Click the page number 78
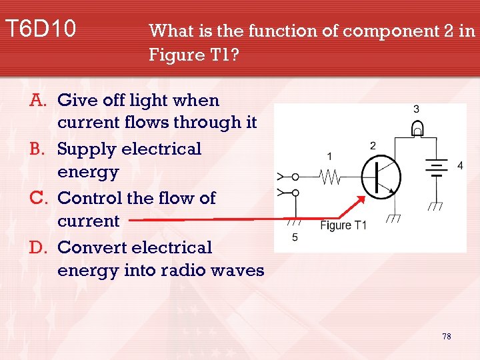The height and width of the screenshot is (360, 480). pos(446,336)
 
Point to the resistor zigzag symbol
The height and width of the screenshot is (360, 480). pos(329,177)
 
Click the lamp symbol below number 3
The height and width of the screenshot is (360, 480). pos(417,128)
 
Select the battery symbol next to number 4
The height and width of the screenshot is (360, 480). pos(437,169)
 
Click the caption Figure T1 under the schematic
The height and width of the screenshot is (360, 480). pos(343,225)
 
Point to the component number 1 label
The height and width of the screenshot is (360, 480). pos(329,156)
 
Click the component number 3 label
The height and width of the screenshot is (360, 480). pos(416,109)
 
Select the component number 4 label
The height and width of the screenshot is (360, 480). pos(459,166)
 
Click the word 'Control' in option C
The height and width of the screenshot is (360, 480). pos(90,198)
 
